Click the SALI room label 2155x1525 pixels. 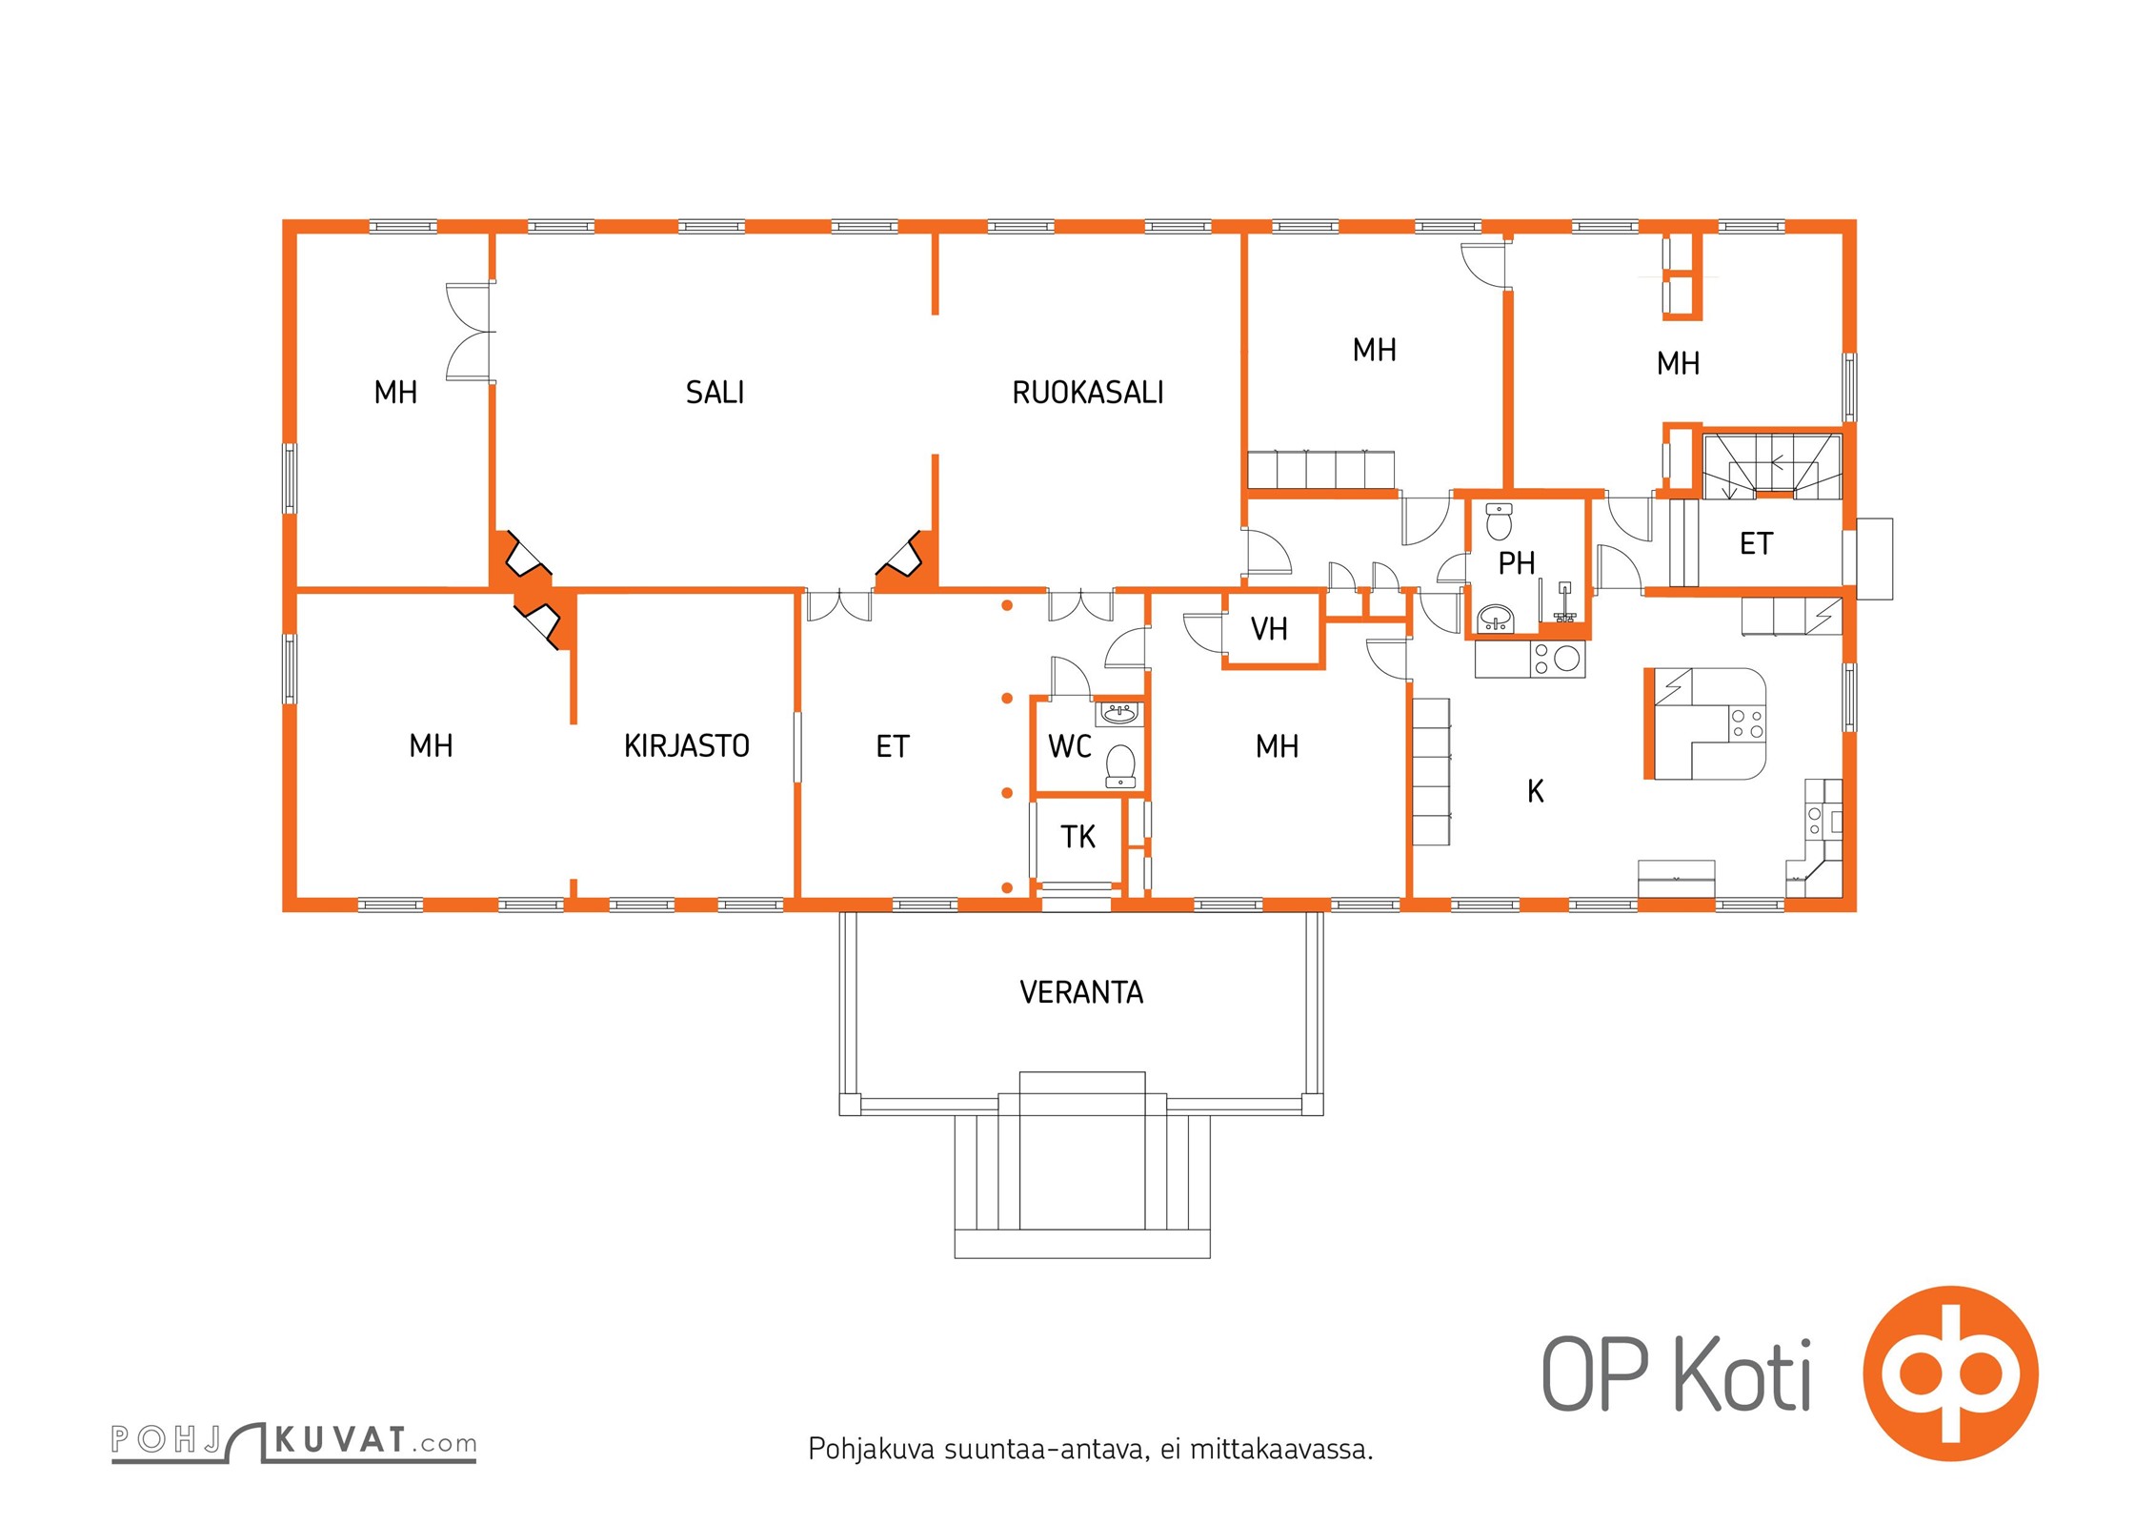pyautogui.click(x=715, y=392)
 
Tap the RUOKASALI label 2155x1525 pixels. pyautogui.click(x=1087, y=392)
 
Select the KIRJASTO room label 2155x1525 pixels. pyautogui.click(x=686, y=745)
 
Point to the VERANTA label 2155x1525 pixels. pyautogui.click(x=1081, y=992)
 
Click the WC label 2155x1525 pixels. pyautogui.click(x=1069, y=745)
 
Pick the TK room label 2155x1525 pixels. pyautogui.click(x=1077, y=836)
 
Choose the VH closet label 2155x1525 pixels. pyautogui.click(x=1269, y=629)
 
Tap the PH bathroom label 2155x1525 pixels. pyautogui.click(x=1516, y=563)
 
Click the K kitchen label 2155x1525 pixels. pyautogui.click(x=1535, y=791)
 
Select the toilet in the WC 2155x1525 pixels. pyautogui.click(x=1120, y=766)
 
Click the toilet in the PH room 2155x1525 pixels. pyautogui.click(x=1499, y=520)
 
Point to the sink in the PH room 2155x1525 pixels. pyautogui.click(x=1496, y=619)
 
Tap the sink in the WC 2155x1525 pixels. pyautogui.click(x=1119, y=713)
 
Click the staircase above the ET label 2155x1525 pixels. pyautogui.click(x=1772, y=465)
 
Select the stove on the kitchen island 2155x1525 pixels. pyautogui.click(x=1747, y=724)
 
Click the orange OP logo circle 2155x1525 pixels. pyautogui.click(x=1951, y=1374)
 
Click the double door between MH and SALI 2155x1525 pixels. pyautogui.click(x=472, y=332)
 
